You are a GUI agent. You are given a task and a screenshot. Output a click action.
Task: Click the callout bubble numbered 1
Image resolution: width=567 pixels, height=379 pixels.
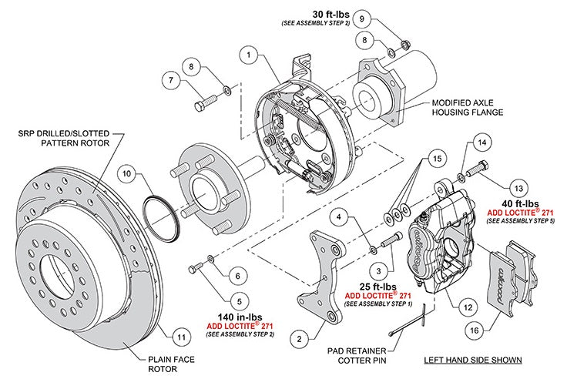pos(247,55)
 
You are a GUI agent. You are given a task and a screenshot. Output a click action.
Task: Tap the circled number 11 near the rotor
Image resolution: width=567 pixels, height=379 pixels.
pos(179,336)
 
